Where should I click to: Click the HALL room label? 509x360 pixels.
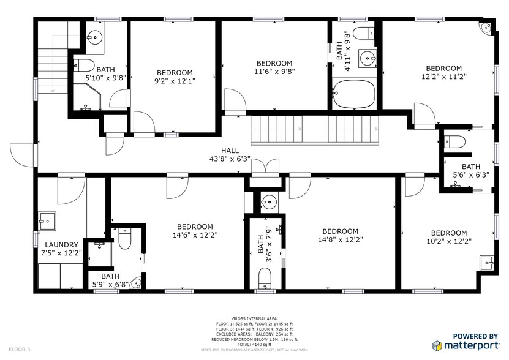coord(230,150)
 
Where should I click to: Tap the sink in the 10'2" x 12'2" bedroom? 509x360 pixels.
coord(488,263)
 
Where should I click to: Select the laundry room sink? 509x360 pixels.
coord(47,219)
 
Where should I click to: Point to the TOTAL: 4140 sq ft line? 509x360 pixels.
coord(254,343)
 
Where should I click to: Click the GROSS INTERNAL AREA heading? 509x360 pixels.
coord(254,318)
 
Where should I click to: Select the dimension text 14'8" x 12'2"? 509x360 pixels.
coord(340,240)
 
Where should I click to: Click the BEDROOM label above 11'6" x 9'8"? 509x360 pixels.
coord(274,63)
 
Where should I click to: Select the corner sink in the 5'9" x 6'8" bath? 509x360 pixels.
coord(137,283)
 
